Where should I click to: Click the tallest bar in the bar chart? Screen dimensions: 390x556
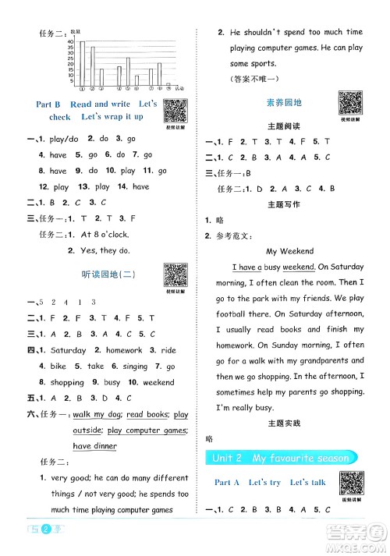[83, 63]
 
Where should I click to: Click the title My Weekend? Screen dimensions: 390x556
[289, 252]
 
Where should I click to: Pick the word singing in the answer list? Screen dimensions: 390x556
[135, 367]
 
